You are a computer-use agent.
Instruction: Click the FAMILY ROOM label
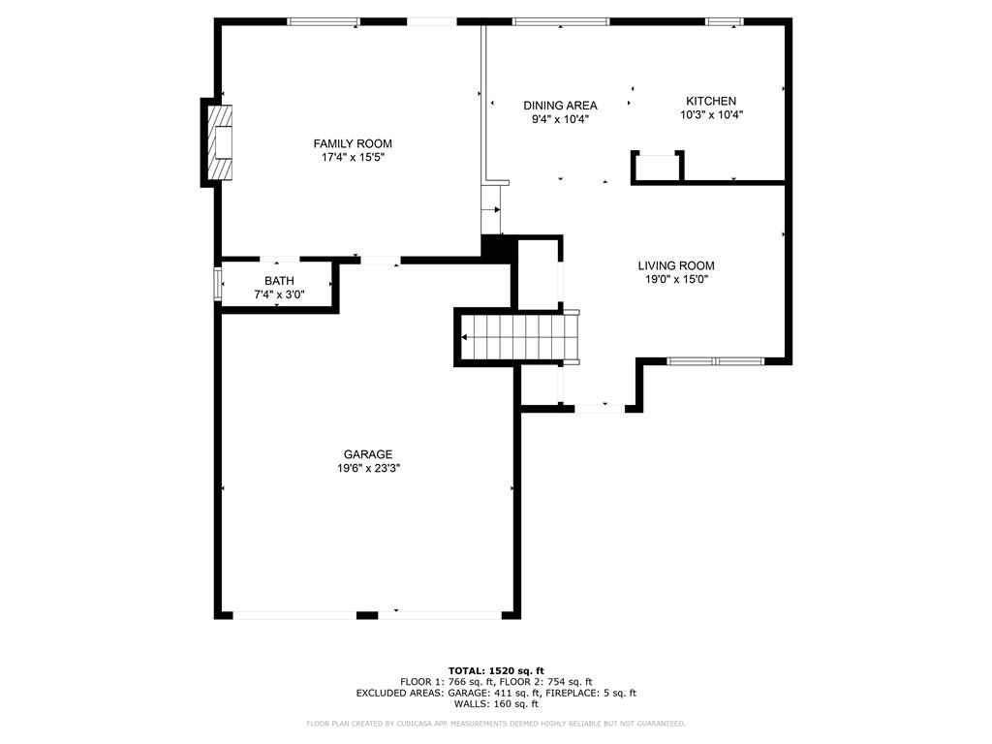click(x=353, y=143)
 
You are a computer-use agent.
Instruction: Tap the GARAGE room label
click(x=368, y=454)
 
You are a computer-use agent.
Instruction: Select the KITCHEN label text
click(x=711, y=101)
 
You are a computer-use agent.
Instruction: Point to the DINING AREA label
click(x=560, y=106)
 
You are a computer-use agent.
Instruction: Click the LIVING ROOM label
click(x=675, y=265)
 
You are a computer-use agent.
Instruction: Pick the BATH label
click(x=279, y=281)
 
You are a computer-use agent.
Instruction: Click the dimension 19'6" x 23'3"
click(x=368, y=469)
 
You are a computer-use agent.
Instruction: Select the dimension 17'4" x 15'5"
click(x=353, y=158)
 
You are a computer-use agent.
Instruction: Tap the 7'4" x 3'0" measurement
click(x=279, y=294)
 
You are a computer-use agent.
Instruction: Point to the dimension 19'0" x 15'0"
click(x=675, y=280)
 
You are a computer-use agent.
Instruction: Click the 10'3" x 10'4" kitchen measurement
click(x=711, y=115)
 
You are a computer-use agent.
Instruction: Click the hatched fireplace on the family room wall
click(x=221, y=142)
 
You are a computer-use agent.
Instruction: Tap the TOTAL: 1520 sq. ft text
click(x=496, y=670)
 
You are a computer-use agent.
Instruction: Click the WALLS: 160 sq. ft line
click(x=496, y=703)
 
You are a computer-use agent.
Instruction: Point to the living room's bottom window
click(x=716, y=362)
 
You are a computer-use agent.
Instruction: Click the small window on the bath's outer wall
click(x=217, y=284)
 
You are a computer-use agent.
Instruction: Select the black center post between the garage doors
click(x=367, y=615)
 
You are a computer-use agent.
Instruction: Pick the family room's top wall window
click(x=324, y=22)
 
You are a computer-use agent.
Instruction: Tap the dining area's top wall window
click(x=561, y=22)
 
